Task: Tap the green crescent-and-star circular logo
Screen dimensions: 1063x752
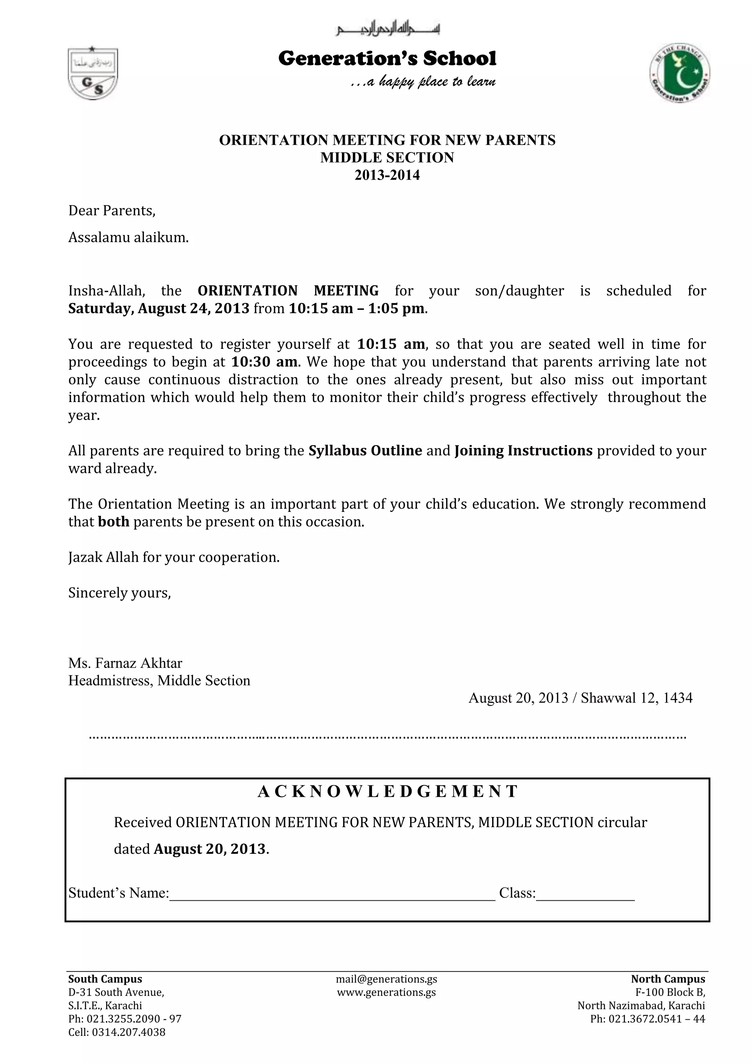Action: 679,73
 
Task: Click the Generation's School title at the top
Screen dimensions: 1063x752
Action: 387,58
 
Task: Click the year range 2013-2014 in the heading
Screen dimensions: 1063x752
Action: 387,175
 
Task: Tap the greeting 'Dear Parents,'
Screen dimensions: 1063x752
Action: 112,211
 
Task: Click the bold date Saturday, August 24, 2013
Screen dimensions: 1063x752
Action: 159,308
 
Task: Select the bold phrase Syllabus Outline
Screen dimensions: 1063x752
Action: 365,451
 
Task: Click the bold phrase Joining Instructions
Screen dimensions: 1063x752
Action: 523,451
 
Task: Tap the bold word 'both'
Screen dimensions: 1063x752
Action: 113,522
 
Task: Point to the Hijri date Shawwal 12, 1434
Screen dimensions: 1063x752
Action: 637,698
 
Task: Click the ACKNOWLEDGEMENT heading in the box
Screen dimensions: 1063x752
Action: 387,792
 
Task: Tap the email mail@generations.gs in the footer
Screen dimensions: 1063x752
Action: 387,979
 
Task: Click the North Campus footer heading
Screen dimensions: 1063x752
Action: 668,979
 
